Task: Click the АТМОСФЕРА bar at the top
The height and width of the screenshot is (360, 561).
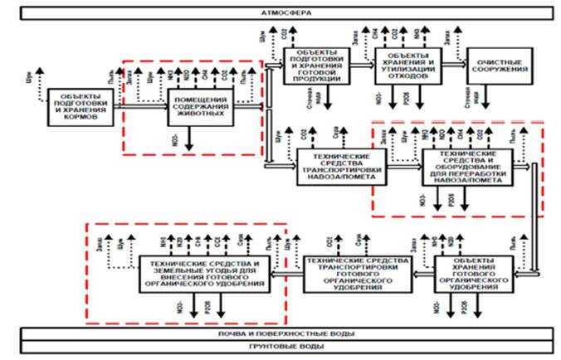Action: (x=280, y=15)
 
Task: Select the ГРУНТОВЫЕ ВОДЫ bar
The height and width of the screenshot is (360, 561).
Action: (x=280, y=346)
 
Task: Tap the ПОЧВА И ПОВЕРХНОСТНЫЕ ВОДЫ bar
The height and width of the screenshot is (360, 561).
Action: (x=280, y=333)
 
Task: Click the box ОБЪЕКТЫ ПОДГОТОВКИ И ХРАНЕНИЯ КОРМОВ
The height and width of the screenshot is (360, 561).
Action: (x=78, y=108)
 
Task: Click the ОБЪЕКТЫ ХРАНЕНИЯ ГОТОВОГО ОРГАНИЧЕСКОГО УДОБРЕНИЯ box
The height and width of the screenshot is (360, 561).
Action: (x=471, y=274)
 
